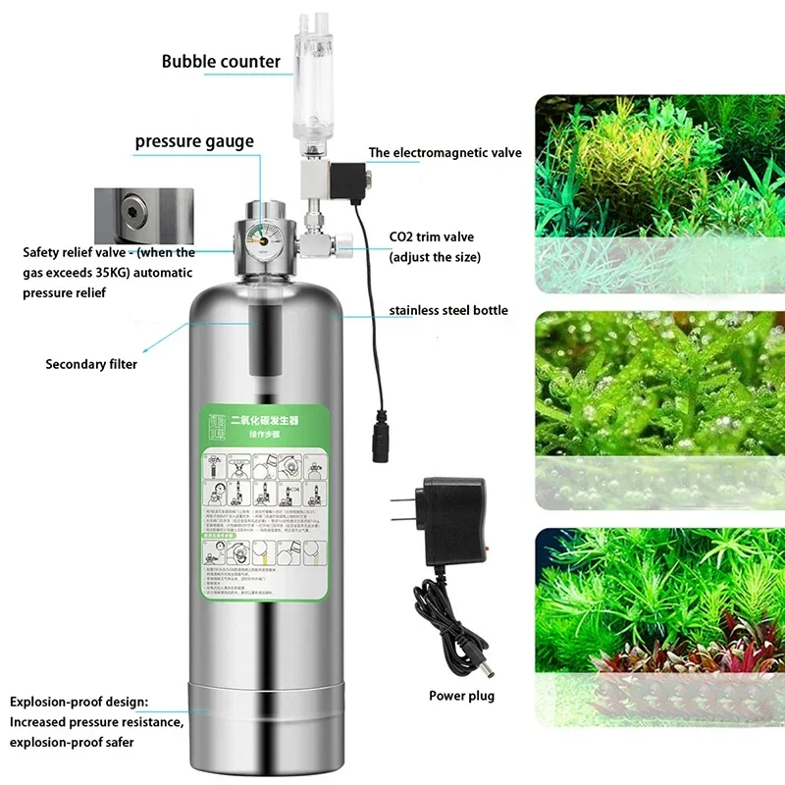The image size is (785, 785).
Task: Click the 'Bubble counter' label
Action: pos(221,62)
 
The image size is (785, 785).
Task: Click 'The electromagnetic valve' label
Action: pos(445,153)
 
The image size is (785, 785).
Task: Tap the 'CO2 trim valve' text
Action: pos(432,238)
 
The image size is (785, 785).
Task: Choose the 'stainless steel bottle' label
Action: pos(448,311)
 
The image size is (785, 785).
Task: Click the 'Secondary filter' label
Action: pos(91,365)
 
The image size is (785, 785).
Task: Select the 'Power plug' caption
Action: pos(461,697)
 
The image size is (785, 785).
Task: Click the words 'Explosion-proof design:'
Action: pos(79,703)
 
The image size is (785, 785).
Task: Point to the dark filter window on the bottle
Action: pos(261,341)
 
